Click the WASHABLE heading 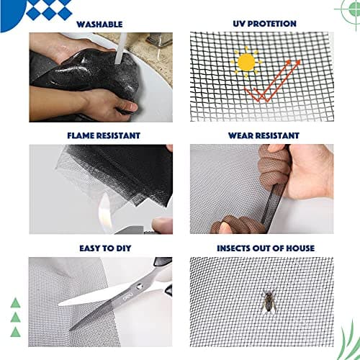click(x=99, y=24)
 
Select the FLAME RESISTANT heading click(x=99, y=135)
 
